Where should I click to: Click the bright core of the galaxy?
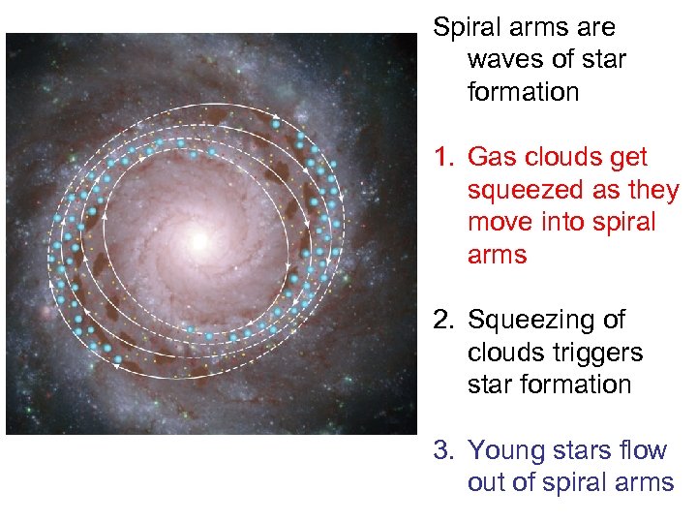(201, 238)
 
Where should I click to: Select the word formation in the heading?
(523, 92)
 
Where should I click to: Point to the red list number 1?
(442, 158)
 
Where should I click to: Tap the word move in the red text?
(499, 223)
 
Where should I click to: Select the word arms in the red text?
(497, 256)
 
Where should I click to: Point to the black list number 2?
(442, 321)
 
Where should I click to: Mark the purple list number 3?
(442, 450)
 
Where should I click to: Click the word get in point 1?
(628, 158)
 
